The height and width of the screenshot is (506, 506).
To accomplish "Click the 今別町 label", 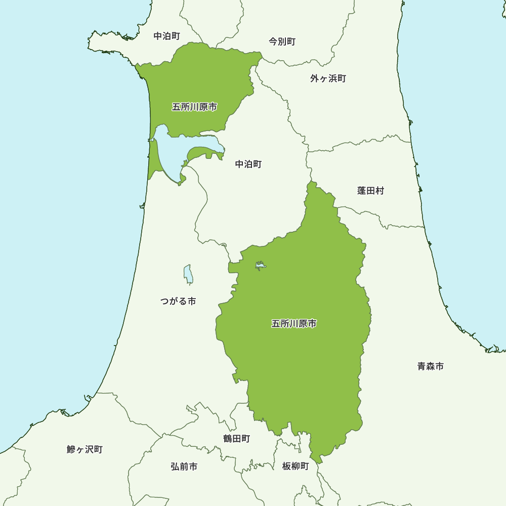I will pos(282,41).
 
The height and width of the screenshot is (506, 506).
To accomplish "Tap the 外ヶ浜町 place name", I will pos(328,78).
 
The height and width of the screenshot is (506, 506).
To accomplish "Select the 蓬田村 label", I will pos(370,191).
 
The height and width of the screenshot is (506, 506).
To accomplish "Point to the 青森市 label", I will pos(430,366).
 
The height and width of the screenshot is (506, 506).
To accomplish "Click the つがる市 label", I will pos(178,301).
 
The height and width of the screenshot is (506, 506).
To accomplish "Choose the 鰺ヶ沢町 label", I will pos(85,449).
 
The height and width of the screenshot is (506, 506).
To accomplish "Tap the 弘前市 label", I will pos(184,467).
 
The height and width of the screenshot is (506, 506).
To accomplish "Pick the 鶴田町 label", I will pos(236,439).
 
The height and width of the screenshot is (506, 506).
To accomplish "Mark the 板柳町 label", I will pos(295,466).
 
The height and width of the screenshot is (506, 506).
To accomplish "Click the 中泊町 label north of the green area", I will pos(166,36).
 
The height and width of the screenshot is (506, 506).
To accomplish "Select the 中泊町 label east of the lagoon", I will pos(248,164).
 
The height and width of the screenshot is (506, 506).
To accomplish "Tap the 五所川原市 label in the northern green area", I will pos(194,107).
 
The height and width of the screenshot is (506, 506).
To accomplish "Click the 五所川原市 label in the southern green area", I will pos(294,323).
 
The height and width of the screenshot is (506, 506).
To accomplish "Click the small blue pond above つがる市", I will pos(188,274).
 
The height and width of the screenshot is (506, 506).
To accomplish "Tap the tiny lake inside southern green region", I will pos(260,265).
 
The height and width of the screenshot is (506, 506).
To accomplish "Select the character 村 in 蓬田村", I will pos(379,191).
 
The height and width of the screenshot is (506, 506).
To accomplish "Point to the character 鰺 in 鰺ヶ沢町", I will pos(71,449).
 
